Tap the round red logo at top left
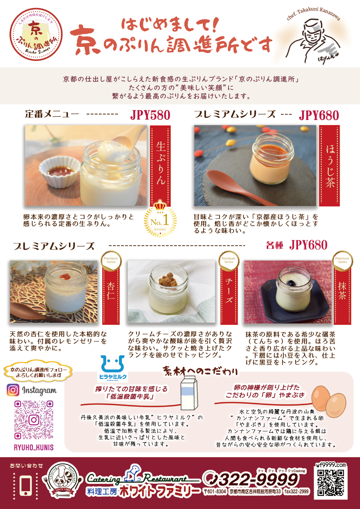coord(36,34)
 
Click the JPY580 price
coord(150,115)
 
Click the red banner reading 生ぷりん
coord(160,165)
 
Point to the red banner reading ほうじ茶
coord(330,165)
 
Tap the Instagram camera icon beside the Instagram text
coord(13,390)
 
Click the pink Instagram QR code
coord(34,420)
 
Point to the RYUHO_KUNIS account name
coord(34,447)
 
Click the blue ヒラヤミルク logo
coord(113,368)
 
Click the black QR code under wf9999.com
coord(330,483)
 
